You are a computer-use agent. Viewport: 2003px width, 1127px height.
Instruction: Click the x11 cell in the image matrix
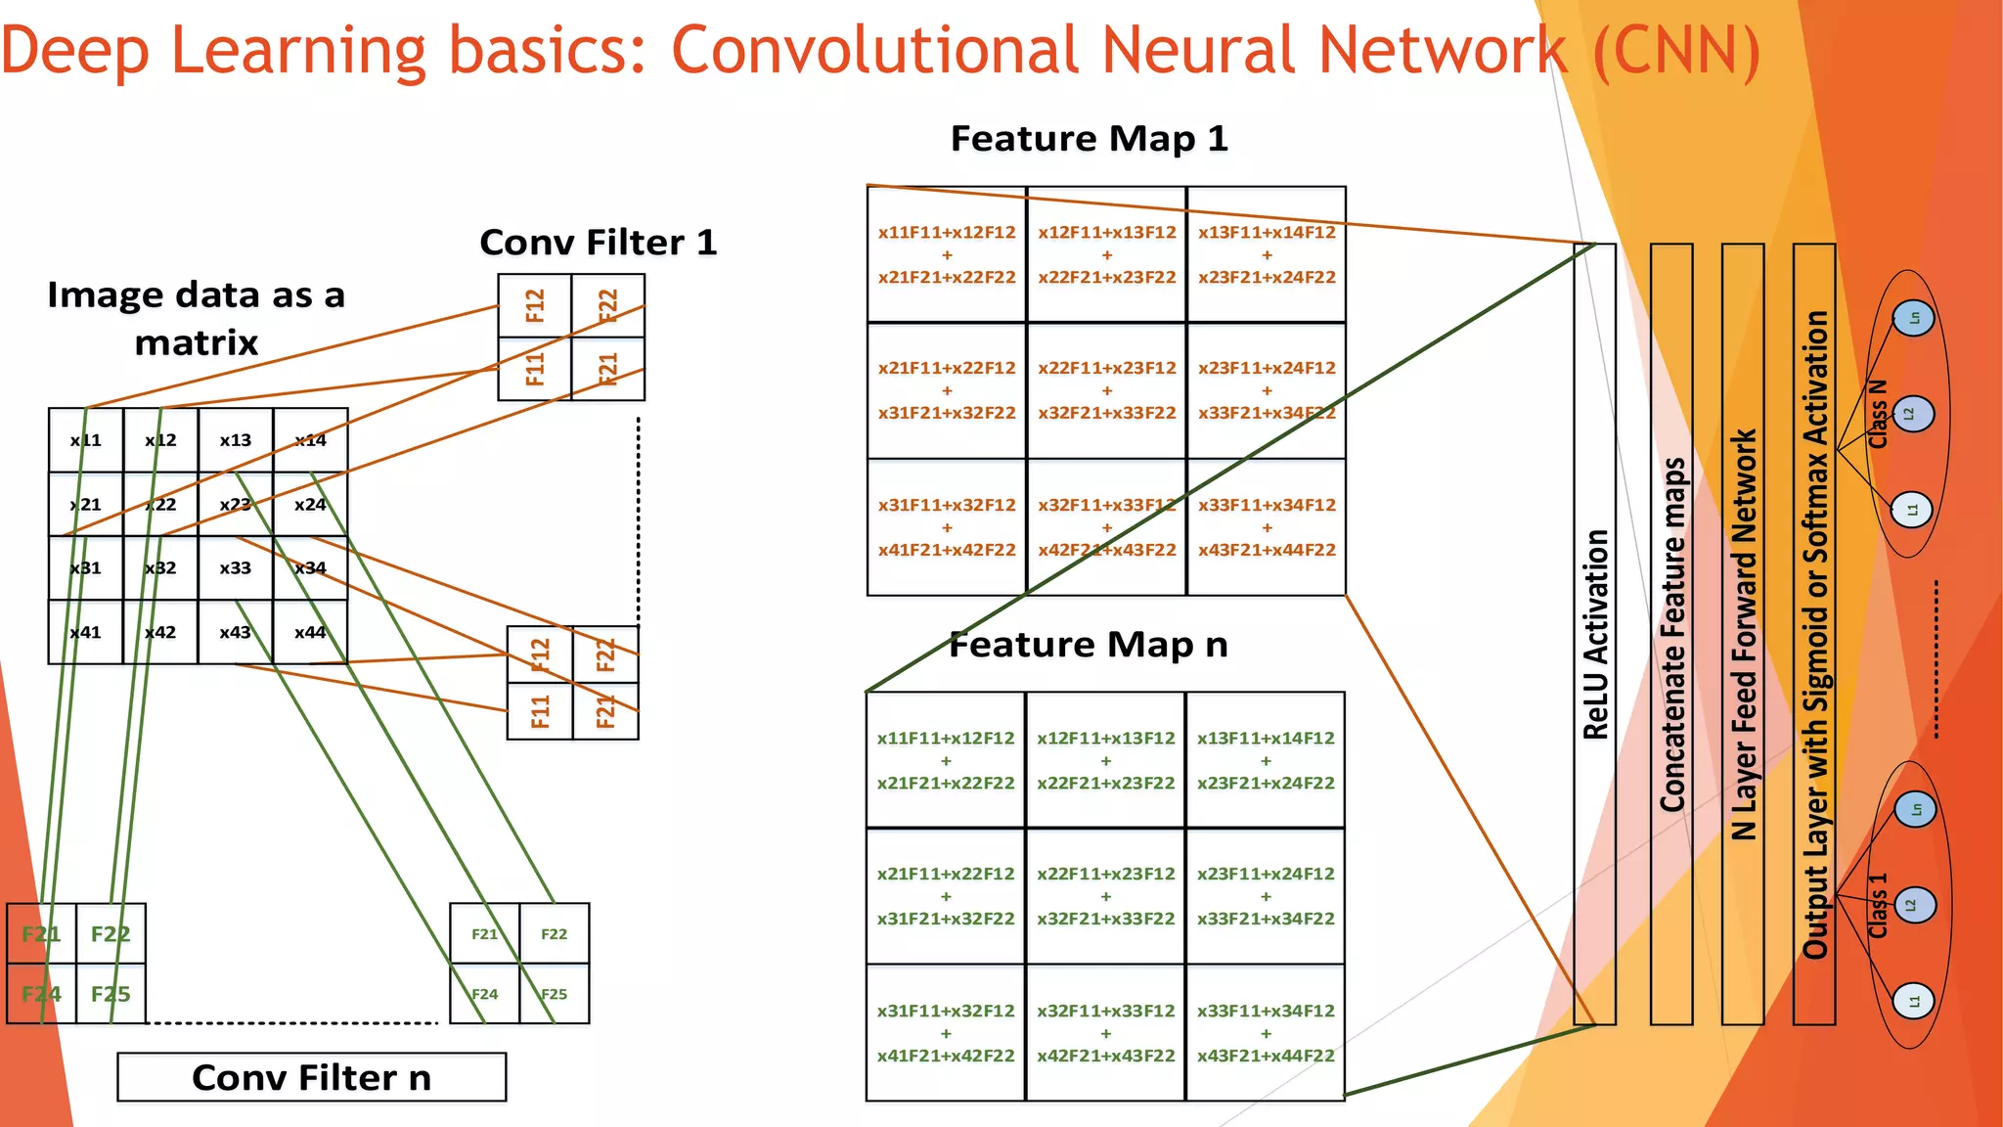[86, 440]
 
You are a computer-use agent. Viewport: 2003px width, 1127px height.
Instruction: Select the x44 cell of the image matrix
[310, 632]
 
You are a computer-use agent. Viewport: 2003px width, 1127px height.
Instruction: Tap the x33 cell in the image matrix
[235, 567]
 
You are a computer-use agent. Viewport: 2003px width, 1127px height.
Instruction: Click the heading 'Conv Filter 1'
[598, 242]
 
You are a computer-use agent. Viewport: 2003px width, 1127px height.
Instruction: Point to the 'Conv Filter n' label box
[311, 1077]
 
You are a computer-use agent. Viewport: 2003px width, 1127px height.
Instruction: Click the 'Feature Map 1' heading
[1089, 139]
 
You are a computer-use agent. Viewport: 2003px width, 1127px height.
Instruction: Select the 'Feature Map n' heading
[1089, 645]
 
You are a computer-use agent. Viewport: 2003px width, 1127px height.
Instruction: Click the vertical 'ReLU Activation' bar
[1594, 634]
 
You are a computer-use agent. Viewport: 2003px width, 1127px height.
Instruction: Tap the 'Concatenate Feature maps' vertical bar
[1671, 634]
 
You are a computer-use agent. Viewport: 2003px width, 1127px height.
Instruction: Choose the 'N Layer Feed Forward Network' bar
[1743, 634]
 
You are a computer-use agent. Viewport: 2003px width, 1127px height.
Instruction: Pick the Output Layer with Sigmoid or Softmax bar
[1814, 634]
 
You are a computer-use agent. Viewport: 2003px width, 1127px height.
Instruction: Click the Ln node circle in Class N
[1913, 318]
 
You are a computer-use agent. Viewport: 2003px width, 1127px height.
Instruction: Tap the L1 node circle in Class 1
[1913, 1001]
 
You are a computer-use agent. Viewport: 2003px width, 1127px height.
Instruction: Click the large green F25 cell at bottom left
[111, 994]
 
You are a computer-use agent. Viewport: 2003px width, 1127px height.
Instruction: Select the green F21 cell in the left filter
[41, 934]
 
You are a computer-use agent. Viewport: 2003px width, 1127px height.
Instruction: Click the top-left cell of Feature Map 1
[947, 254]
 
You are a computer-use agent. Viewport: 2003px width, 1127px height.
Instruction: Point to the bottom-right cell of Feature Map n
[1266, 1033]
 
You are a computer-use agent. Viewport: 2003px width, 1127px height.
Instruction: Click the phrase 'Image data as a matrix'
[196, 318]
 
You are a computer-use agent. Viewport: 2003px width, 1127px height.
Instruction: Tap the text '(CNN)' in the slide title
[1676, 51]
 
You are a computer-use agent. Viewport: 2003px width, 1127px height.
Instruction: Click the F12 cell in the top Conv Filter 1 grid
[534, 306]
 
